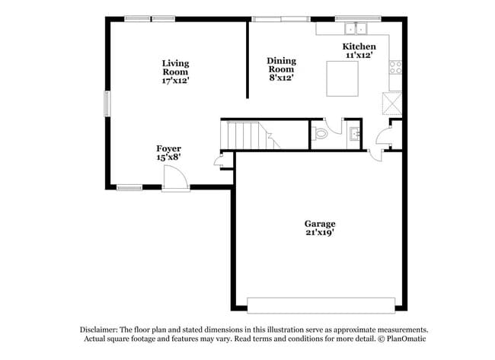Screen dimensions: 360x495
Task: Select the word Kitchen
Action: pos(359,46)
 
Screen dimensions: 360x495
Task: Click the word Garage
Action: pos(320,224)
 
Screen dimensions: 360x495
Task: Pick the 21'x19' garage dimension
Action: pos(320,233)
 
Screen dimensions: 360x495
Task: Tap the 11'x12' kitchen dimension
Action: pos(359,56)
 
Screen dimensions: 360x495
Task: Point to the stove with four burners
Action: pos(395,67)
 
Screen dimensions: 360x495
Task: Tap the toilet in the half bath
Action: pos(320,134)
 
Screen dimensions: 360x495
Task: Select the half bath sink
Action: pos(355,135)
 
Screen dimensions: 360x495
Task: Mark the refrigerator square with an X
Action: pos(392,101)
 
